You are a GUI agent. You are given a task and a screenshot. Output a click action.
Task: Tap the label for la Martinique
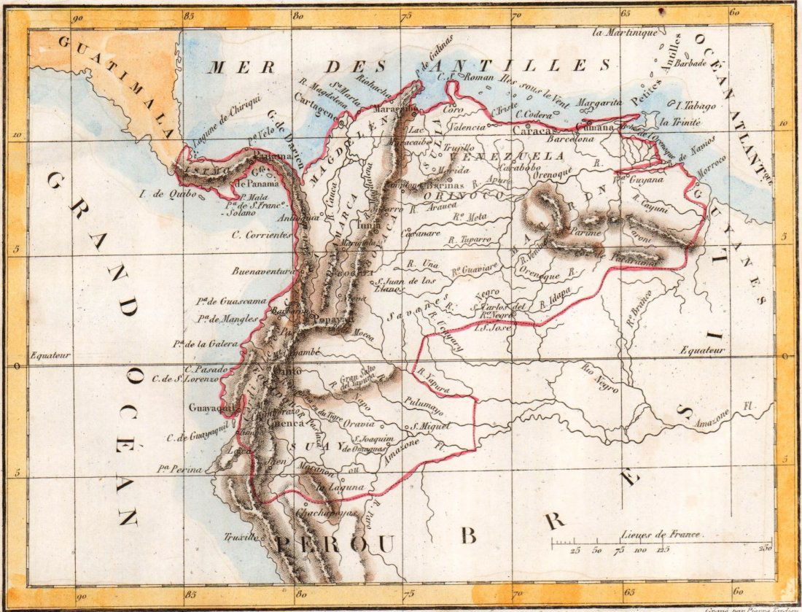625,32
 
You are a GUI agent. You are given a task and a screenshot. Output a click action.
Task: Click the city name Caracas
534,131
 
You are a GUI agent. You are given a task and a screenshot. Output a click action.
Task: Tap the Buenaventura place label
262,271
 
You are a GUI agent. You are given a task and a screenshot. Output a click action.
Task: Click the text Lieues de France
661,534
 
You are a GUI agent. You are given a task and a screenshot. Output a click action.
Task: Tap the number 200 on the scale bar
765,549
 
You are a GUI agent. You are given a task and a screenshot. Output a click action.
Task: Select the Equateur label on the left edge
50,356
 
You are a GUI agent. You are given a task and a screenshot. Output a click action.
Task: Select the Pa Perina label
177,469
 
